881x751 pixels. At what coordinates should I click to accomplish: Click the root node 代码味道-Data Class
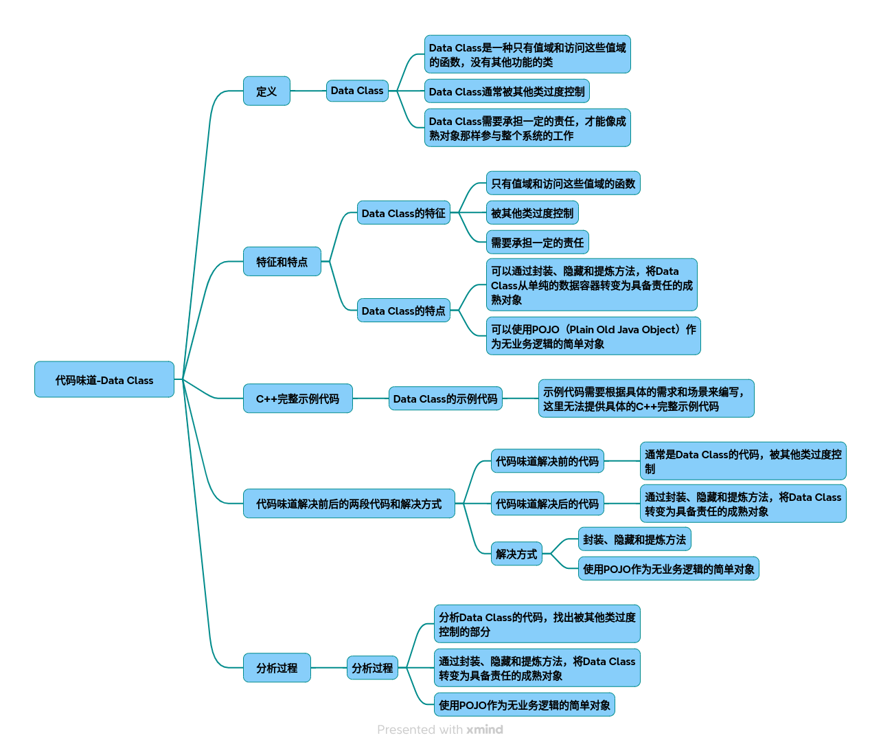tap(104, 379)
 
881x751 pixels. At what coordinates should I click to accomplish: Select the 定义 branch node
tap(266, 91)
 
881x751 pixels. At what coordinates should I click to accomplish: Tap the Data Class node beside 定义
tap(357, 91)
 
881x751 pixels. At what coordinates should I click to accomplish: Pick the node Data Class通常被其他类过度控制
tap(507, 91)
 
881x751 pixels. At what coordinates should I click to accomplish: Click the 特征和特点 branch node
tap(282, 261)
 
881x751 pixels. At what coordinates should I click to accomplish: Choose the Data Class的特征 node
tap(403, 213)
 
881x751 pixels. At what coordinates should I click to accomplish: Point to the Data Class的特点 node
tap(403, 311)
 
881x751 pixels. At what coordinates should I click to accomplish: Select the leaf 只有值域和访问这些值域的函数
tap(563, 183)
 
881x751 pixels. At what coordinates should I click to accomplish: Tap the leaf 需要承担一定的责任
tap(537, 243)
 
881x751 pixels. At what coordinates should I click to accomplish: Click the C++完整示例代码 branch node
tap(297, 399)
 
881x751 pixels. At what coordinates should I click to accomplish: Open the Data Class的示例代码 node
tap(445, 399)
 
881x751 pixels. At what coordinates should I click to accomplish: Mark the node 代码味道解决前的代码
tap(547, 461)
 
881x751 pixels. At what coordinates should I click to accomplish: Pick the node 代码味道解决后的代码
tap(547, 504)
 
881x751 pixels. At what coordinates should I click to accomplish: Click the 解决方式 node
tap(516, 554)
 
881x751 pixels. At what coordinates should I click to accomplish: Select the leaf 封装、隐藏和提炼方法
tap(634, 539)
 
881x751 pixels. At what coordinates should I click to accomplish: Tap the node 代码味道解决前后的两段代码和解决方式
tap(349, 504)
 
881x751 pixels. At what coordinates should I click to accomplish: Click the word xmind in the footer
tap(485, 730)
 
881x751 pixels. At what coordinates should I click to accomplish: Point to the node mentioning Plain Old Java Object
tap(593, 336)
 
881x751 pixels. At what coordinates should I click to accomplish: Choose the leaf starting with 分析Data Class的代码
tap(537, 624)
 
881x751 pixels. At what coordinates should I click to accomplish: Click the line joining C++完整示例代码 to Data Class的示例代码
tap(371, 399)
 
